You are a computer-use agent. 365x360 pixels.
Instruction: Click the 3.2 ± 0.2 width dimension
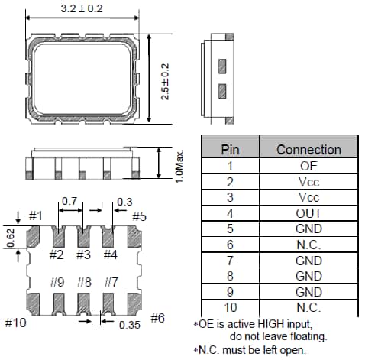[82, 8]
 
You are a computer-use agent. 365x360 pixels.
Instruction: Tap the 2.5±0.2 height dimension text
[165, 82]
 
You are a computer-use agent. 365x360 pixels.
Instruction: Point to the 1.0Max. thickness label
[179, 167]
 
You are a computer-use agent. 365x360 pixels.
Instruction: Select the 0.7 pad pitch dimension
[69, 201]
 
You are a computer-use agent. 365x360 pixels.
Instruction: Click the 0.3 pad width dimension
[124, 202]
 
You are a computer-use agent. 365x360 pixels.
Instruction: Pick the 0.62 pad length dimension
[11, 238]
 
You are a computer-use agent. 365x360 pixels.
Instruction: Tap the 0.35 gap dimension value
[130, 325]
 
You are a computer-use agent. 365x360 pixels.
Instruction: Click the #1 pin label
[36, 216]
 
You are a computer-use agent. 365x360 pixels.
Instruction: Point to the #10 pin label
[15, 323]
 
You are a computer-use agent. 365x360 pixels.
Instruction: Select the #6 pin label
[157, 318]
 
